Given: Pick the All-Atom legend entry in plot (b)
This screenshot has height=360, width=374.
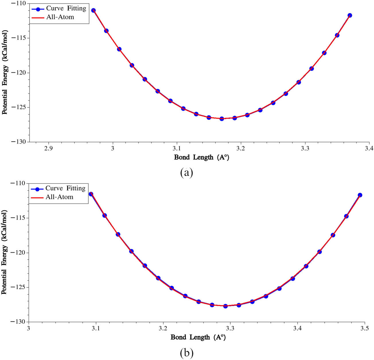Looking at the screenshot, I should tap(59, 197).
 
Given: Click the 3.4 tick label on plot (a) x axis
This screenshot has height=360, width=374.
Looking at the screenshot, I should tap(369, 148).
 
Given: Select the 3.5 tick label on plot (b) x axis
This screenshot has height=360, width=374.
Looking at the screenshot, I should tap(365, 328).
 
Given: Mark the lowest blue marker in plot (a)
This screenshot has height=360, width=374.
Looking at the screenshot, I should tap(222, 119).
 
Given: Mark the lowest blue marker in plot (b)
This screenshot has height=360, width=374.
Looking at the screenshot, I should tap(225, 306).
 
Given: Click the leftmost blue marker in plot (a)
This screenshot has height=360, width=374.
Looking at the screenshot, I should tap(93, 10).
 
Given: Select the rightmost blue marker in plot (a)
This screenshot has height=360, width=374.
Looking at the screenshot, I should tap(350, 15).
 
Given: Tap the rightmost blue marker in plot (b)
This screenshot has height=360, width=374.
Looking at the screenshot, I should tap(360, 195).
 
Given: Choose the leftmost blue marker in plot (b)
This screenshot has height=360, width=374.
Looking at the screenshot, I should tap(91, 194).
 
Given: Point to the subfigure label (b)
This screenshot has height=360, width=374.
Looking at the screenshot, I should tap(186, 353).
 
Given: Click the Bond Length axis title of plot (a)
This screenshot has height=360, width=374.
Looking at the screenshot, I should tap(202, 157).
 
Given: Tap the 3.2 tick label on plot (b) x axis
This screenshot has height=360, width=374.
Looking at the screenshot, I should tap(163, 328).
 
